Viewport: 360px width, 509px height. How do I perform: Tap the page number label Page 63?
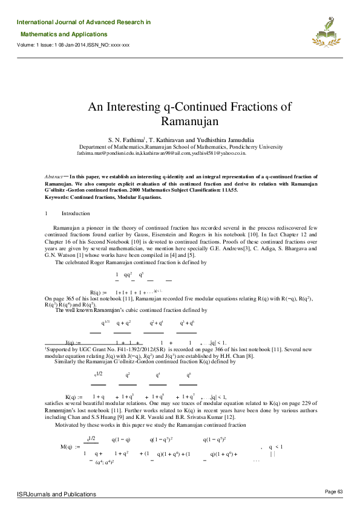click(x=334, y=491)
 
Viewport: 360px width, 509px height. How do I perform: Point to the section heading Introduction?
click(x=76, y=213)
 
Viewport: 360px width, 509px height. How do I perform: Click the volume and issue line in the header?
click(x=73, y=45)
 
